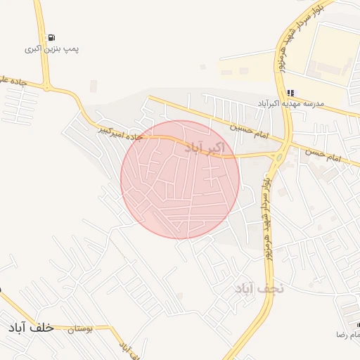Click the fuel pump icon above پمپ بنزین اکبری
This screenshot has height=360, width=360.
[51, 38]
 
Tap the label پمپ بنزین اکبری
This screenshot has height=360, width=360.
[51, 49]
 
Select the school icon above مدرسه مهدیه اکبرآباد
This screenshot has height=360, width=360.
[290, 93]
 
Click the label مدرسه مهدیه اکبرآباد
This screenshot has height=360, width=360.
[289, 103]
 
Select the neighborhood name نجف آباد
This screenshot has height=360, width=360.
[259, 288]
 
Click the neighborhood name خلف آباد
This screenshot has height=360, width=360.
[31, 328]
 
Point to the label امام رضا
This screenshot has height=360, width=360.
[349, 335]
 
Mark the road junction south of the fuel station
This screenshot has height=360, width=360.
[47, 87]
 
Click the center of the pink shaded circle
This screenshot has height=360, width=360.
[180, 179]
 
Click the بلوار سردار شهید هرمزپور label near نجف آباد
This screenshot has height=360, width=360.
[266, 218]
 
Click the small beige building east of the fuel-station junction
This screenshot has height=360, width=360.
[93, 86]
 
